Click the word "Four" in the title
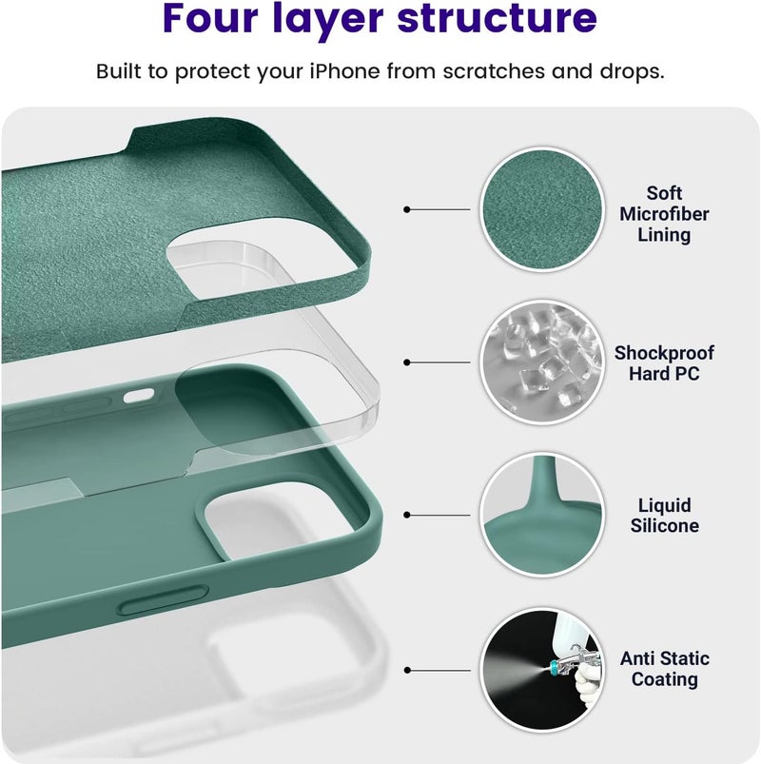(x=210, y=17)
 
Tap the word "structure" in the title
(x=497, y=17)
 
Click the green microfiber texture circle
(x=542, y=209)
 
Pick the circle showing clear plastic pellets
(x=542, y=362)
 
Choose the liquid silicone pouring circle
(x=542, y=515)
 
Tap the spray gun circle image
(x=542, y=670)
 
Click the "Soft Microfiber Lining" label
(x=664, y=214)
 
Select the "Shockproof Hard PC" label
(x=664, y=363)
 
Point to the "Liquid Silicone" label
(x=665, y=516)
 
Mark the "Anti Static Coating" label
(x=665, y=669)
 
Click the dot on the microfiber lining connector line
(x=407, y=209)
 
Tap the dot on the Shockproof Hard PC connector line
(x=407, y=362)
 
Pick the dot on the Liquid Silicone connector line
(x=407, y=515)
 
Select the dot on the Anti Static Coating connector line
(x=407, y=671)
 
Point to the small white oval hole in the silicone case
(x=139, y=396)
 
